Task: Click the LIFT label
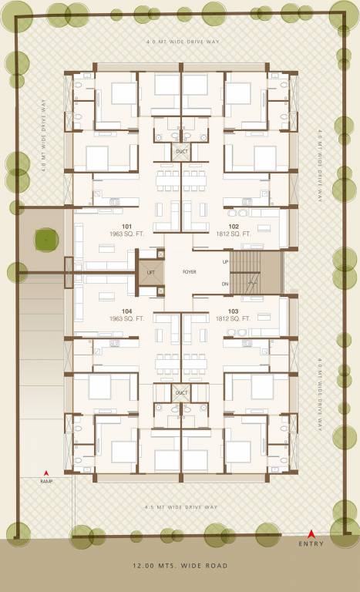coord(150,272)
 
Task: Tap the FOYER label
coord(190,272)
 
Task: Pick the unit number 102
coord(234,227)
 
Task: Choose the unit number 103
coord(234,311)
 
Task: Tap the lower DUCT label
coord(181,393)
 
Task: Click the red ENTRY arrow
coord(311,533)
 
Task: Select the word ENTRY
coord(311,543)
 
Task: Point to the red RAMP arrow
coord(46,473)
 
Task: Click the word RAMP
coord(46,481)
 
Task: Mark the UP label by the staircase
coord(225,262)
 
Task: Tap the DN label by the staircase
coord(225,284)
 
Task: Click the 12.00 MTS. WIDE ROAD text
coord(180,566)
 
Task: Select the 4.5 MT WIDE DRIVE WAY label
coord(180,506)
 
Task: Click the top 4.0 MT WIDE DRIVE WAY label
coord(180,41)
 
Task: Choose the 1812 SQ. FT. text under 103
coord(234,318)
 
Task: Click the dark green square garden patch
coord(46,240)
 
